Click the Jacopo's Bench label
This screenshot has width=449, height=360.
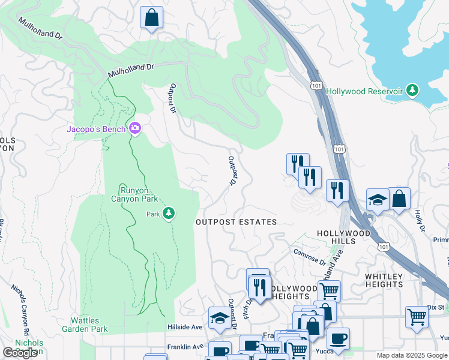pos(95,129)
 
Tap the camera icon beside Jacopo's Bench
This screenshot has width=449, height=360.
pos(135,128)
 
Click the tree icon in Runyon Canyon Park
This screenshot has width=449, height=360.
pos(169,213)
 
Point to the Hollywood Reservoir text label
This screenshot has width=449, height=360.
pos(364,91)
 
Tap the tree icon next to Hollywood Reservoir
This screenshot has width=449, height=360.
pos(412,91)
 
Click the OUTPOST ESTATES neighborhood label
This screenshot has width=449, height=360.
pos(237,222)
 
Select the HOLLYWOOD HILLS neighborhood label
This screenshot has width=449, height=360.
pos(344,237)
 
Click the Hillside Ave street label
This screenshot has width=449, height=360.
pos(184,327)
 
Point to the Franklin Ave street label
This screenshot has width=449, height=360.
pos(185,347)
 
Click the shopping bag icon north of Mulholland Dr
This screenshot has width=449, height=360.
pos(152,17)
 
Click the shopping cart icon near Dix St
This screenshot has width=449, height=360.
pos(416,316)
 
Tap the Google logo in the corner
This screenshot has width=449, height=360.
pos(20,353)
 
